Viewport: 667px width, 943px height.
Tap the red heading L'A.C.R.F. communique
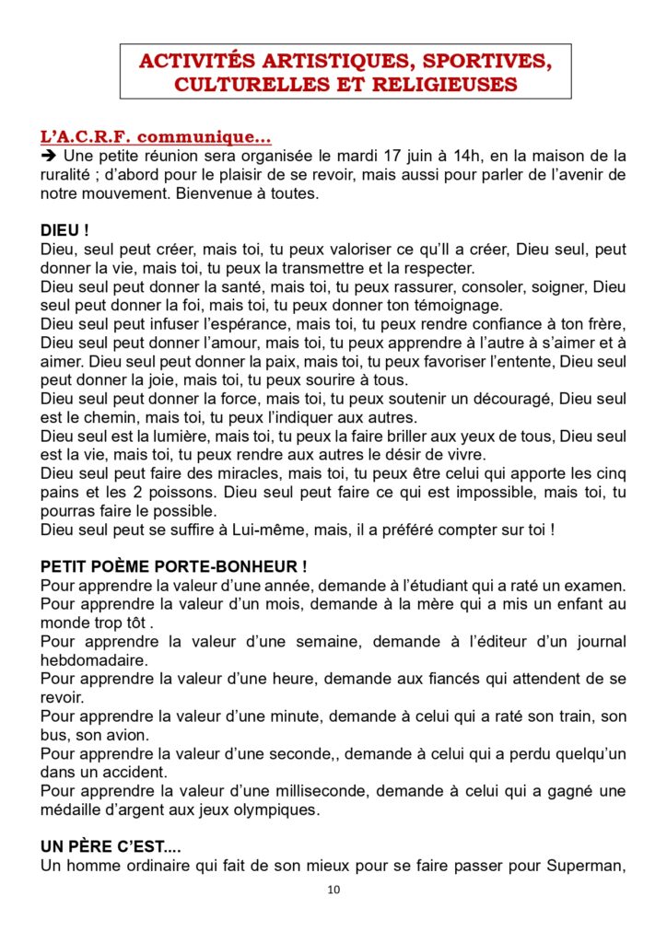coord(156,137)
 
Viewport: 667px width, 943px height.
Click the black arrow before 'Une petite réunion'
coord(49,157)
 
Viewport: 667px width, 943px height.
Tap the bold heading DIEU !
coord(64,231)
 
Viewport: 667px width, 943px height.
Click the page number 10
coord(333,891)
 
